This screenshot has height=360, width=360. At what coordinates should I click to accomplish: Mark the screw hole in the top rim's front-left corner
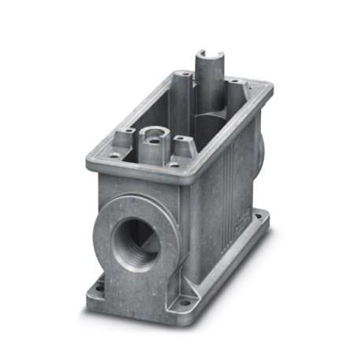112,156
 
